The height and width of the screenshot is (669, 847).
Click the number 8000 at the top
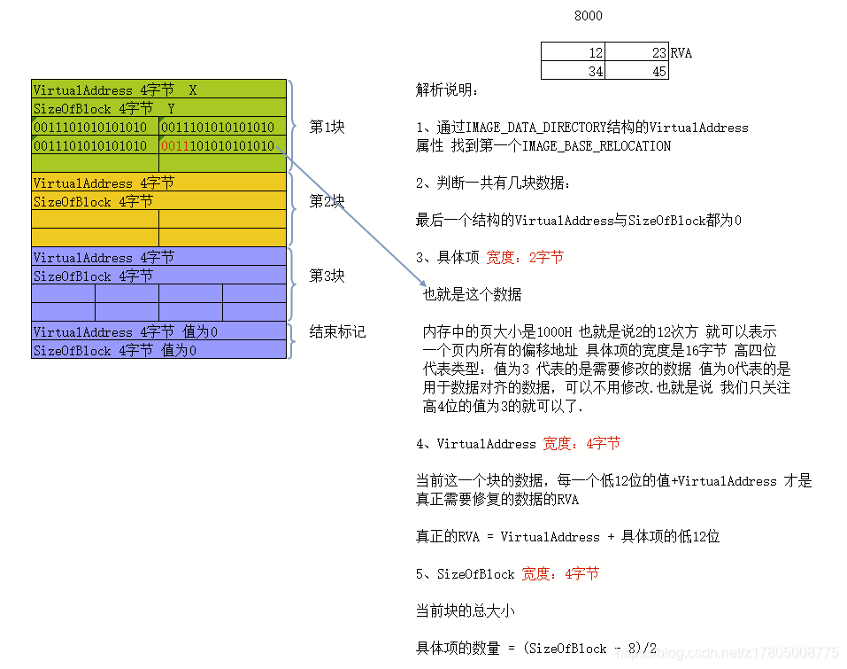[x=588, y=16]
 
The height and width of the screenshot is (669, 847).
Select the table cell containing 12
[x=574, y=53]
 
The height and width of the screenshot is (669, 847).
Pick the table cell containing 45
[x=637, y=72]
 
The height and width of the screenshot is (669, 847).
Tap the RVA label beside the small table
[x=681, y=53]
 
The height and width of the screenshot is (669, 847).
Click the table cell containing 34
[x=574, y=72]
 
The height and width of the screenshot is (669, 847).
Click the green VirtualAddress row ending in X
[x=159, y=89]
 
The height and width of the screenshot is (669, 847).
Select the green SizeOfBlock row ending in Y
[x=159, y=109]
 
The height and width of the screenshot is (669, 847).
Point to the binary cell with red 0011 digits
[x=222, y=145]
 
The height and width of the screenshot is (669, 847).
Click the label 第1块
[x=327, y=127]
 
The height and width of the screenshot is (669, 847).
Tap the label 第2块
[x=327, y=201]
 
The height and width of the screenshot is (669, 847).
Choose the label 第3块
[x=327, y=276]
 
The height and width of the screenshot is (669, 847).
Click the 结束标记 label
[x=337, y=332]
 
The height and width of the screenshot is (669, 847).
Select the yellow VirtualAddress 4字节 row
[x=159, y=183]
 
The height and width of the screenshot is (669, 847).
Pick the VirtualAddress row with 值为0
[x=159, y=332]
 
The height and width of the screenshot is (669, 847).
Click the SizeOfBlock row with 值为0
[x=159, y=351]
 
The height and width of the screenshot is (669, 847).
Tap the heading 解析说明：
[x=448, y=89]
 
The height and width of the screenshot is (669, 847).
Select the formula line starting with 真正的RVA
[x=567, y=537]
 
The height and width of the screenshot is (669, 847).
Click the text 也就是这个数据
[x=472, y=295]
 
